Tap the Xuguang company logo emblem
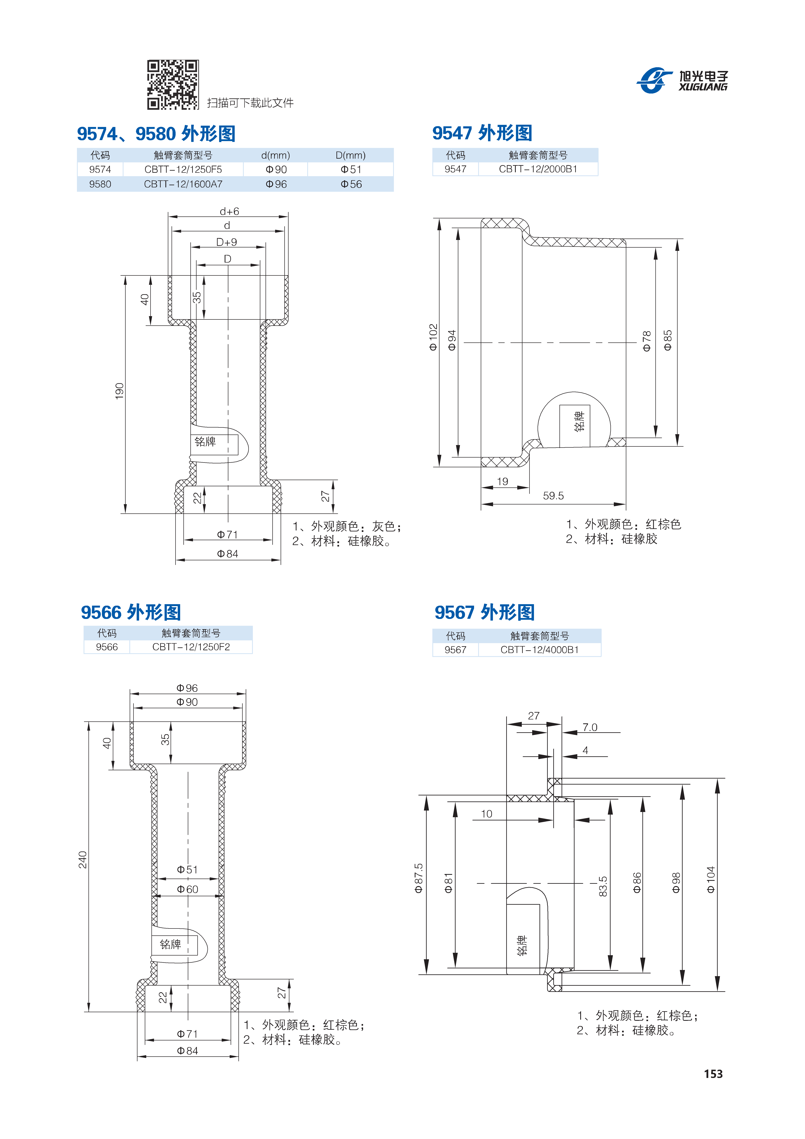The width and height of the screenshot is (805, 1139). (655, 79)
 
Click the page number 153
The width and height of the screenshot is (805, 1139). (713, 1074)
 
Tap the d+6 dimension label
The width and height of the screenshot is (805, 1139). (229, 211)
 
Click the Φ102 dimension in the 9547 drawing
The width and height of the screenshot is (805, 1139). (433, 337)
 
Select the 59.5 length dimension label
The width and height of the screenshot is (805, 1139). (553, 496)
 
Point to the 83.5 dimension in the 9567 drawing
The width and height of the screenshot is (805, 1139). (603, 887)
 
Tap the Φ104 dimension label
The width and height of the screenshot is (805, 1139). (711, 880)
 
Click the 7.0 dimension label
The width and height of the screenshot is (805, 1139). (590, 727)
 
